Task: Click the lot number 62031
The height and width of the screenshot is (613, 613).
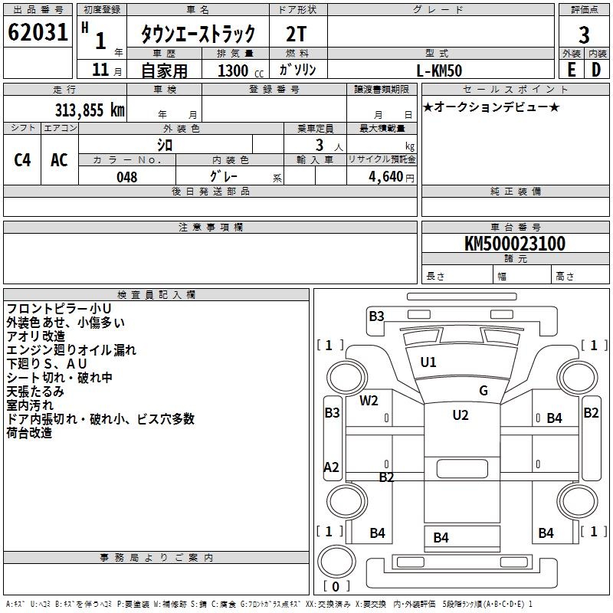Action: tap(38, 32)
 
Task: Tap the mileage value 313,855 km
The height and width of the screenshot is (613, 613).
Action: tap(90, 110)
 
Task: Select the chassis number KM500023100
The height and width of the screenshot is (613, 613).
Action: tap(515, 244)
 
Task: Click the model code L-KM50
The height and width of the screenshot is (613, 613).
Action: tap(439, 70)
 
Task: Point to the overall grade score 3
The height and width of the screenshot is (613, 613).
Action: tap(584, 34)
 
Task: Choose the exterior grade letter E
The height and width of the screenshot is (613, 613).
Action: tap(572, 70)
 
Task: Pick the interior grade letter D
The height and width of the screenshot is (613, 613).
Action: tap(596, 70)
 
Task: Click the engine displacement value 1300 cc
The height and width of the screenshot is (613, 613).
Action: tap(241, 70)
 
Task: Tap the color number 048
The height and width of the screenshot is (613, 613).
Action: tap(127, 177)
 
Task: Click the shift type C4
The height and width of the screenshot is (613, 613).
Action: tap(22, 160)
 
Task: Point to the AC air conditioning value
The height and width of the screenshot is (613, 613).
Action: tap(60, 160)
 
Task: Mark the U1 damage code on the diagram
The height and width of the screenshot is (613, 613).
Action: tap(428, 362)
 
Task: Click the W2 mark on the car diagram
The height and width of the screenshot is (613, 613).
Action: tap(369, 401)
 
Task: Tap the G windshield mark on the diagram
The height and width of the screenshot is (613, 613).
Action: tap(484, 390)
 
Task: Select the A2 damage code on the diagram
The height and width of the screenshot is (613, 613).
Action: tap(332, 467)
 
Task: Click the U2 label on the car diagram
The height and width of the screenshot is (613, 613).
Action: tap(461, 415)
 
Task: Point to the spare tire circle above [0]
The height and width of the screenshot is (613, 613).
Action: tap(336, 561)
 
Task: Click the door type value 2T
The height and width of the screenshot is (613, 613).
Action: tap(296, 34)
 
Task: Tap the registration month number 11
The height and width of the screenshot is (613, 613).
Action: tap(100, 70)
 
